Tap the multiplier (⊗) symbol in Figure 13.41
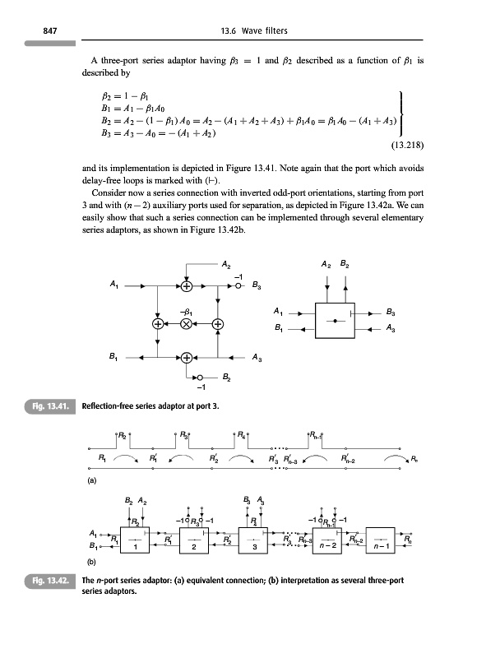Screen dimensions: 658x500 pos(187,323)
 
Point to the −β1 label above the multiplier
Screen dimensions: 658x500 pos(187,311)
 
